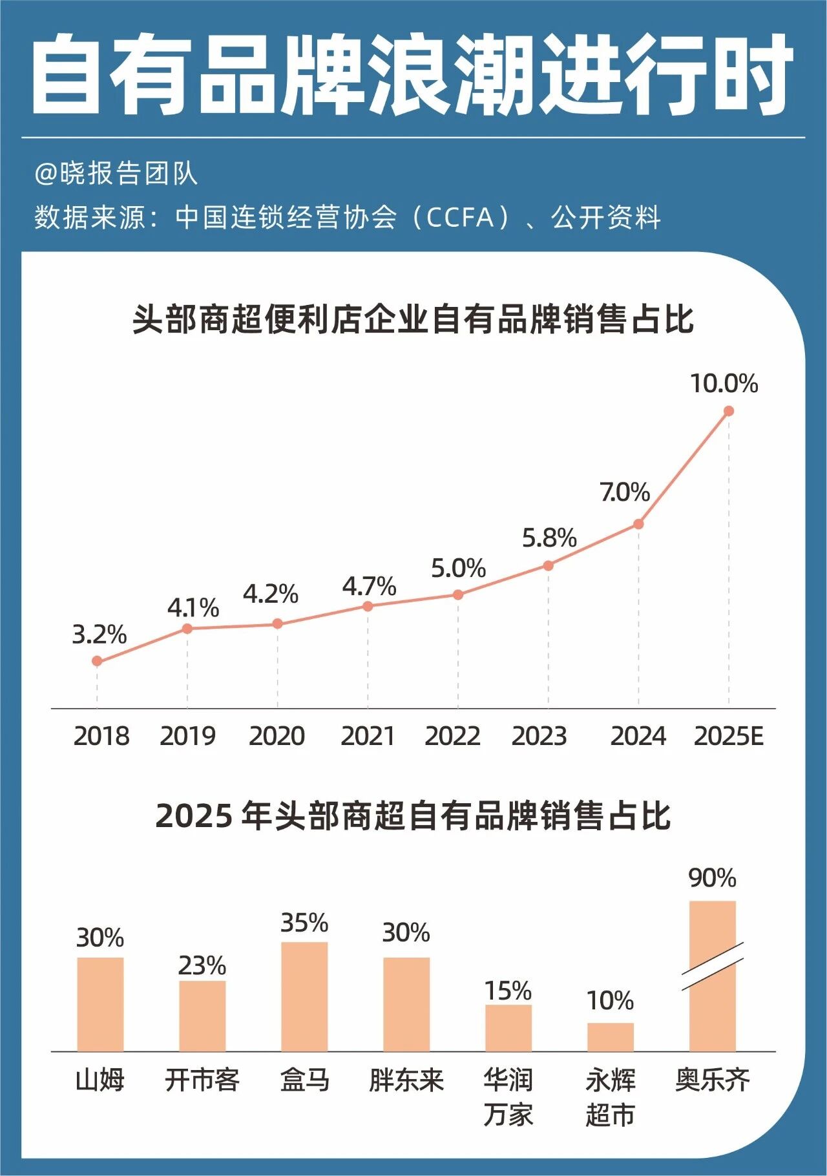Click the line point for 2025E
coord(729,411)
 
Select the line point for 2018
coord(97,661)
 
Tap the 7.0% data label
coord(625,492)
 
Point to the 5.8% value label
coord(549,538)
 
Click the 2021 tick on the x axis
coord(368,736)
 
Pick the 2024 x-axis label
coord(638,736)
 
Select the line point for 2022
coord(458,594)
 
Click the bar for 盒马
coord(304,996)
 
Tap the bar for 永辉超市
coord(611,1037)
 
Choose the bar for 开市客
coord(202,1016)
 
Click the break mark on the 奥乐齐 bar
coord(713,966)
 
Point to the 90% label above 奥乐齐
coord(712,878)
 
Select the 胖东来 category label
coord(406,1080)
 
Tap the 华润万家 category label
coord(508,1097)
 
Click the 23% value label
coord(202,966)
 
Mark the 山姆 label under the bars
coord(100,1080)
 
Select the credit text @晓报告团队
coord(116,174)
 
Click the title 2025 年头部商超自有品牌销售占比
coord(413,816)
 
